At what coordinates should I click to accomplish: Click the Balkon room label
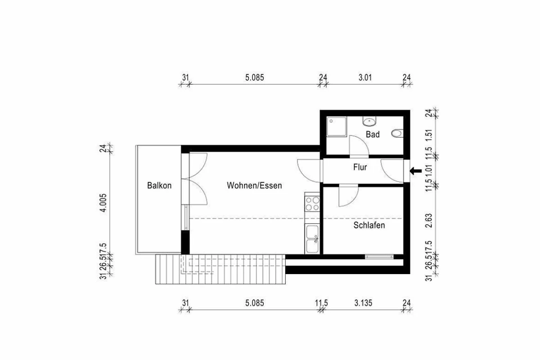coord(159,185)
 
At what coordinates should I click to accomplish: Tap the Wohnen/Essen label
coord(254,185)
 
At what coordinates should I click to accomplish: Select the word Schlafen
coord(369,225)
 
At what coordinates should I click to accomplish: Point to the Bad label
coord(373,134)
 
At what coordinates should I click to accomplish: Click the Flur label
coord(360,167)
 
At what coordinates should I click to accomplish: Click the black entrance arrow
coord(416,171)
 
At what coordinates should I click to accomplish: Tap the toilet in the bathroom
coord(397,133)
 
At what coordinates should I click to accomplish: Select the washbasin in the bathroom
coord(369,121)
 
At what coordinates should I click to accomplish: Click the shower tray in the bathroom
coord(337,127)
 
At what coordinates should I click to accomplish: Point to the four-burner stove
coord(312,204)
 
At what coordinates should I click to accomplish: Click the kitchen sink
coord(312,238)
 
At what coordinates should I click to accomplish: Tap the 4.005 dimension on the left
coord(103,203)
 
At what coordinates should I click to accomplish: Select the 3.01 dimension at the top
coord(365,78)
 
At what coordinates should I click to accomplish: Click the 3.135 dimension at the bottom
coord(363,303)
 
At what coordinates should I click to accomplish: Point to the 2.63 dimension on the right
coord(429,220)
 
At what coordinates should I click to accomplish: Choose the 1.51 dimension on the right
coord(429,136)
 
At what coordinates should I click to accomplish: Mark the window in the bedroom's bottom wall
coord(379,257)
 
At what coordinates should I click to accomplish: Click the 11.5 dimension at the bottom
coord(322,303)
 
